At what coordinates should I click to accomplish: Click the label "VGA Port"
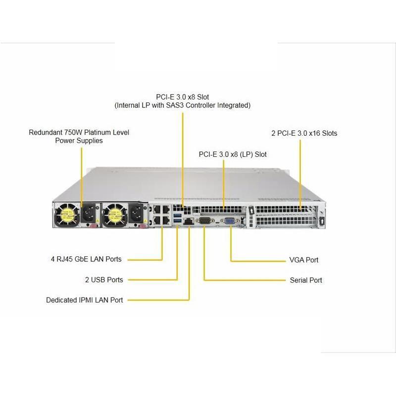[x=303, y=260]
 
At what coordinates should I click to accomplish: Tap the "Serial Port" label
[x=305, y=280]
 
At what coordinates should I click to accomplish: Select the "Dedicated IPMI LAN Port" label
[x=84, y=300]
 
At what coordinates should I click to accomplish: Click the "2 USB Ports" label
[x=104, y=280]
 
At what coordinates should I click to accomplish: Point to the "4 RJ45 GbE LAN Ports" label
[x=87, y=259]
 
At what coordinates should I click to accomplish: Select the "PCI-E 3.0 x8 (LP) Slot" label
[x=233, y=154]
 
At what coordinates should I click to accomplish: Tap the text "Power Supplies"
[x=79, y=141]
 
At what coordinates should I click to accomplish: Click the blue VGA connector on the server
[x=230, y=221]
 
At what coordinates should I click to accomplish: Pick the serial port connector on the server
[x=204, y=221]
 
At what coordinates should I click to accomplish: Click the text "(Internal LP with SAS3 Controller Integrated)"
[x=183, y=105]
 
